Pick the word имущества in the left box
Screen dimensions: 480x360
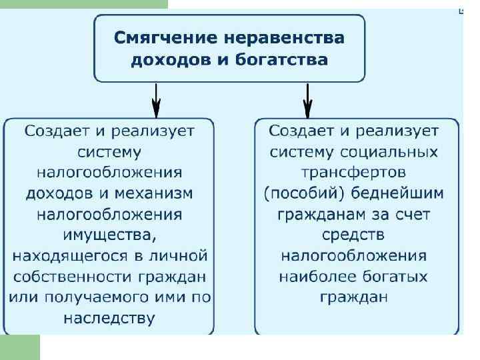[109, 235]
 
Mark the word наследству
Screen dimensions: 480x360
[109, 318]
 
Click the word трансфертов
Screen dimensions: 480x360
[353, 173]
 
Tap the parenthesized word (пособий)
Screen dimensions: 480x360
[302, 193]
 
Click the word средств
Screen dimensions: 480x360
[353, 235]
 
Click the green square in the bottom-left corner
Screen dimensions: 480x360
[20, 347]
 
